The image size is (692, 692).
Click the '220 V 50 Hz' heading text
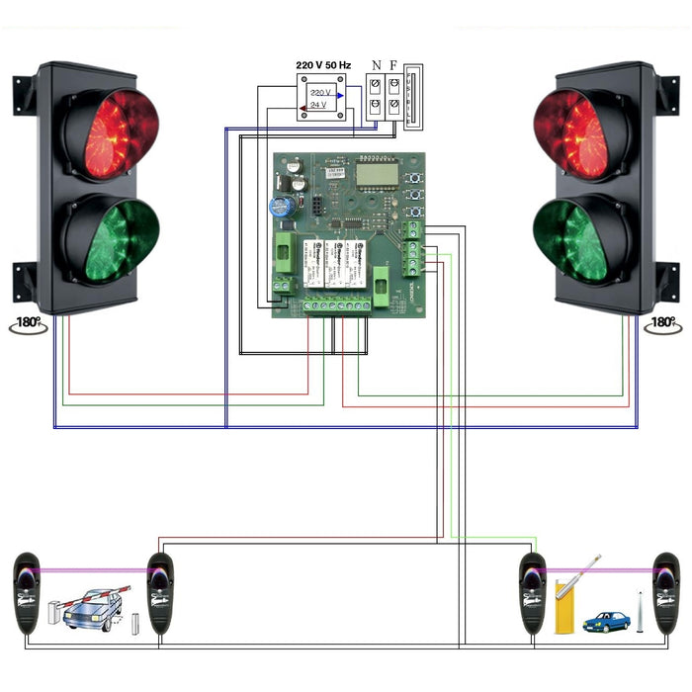pos(323,64)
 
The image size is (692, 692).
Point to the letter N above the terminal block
pos(376,66)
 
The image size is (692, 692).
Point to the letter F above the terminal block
pos(393,66)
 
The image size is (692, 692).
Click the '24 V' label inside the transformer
pos(318,105)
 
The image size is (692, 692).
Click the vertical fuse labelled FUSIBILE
pos(413,98)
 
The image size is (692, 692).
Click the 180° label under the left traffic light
pos(29,323)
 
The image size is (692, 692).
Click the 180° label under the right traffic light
pos(663,323)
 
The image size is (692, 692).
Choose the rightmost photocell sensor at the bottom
pos(666,593)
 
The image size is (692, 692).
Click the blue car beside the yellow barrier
pos(605,622)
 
